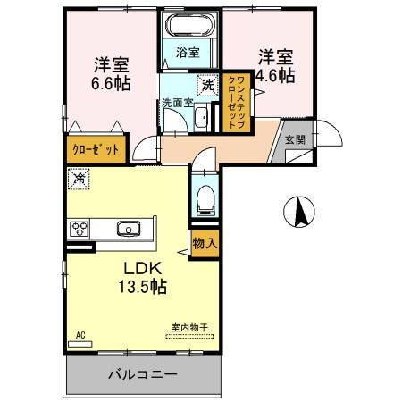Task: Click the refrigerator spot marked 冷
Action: point(79,179)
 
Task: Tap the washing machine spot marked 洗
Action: point(207,87)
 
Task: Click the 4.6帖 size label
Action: point(275,76)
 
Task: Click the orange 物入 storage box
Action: point(205,242)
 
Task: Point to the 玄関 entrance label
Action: point(295,139)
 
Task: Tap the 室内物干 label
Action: point(188,328)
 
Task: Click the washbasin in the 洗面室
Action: point(201,118)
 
